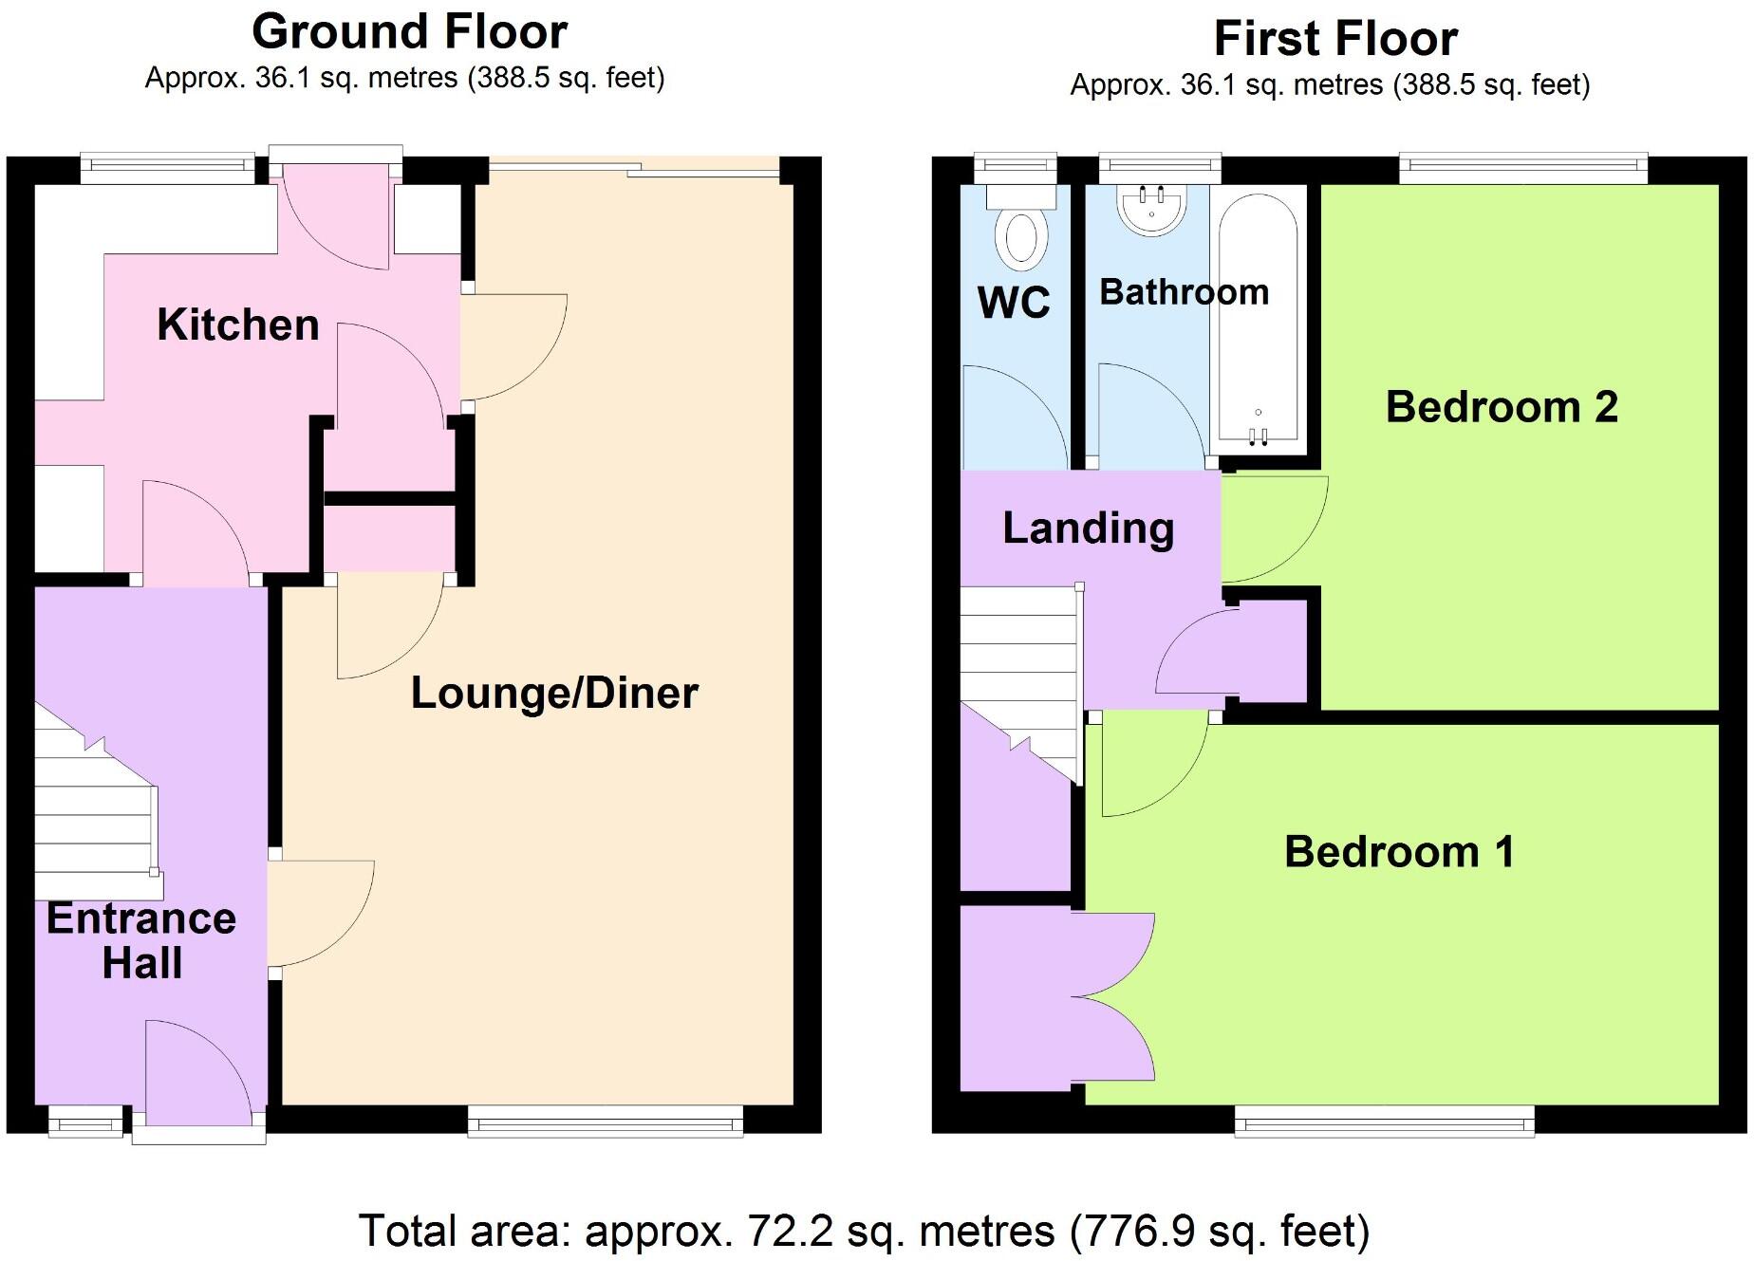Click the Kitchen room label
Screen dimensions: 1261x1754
pos(237,325)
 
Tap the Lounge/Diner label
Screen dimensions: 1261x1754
pos(554,693)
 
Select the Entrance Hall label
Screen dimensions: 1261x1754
pos(141,940)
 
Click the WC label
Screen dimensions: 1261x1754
pos(1014,303)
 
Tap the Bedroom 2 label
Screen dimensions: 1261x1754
pos(1502,407)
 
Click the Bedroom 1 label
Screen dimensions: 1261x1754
pos(1399,851)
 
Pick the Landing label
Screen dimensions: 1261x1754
pos(1089,528)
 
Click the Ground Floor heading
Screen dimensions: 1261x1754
pos(409,31)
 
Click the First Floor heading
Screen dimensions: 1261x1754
pos(1335,39)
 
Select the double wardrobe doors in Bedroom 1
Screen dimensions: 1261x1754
pos(1115,996)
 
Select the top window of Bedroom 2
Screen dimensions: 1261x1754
pos(1522,168)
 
